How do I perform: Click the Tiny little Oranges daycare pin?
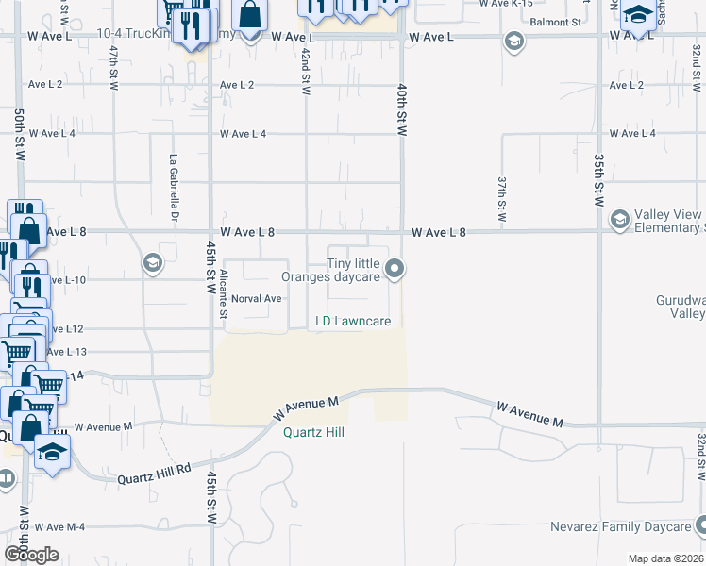click(x=397, y=271)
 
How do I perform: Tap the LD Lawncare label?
click(x=353, y=322)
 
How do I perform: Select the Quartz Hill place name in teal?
click(x=313, y=433)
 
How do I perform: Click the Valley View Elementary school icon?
click(x=620, y=220)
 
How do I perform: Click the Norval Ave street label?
click(x=258, y=298)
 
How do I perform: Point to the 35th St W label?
click(x=598, y=180)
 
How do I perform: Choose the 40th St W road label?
click(x=401, y=109)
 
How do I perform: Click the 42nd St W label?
click(x=305, y=71)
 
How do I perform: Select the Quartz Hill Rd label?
click(x=154, y=474)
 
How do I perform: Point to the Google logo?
click(x=32, y=554)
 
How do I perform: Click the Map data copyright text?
click(x=666, y=558)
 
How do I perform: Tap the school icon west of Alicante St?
click(x=151, y=263)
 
